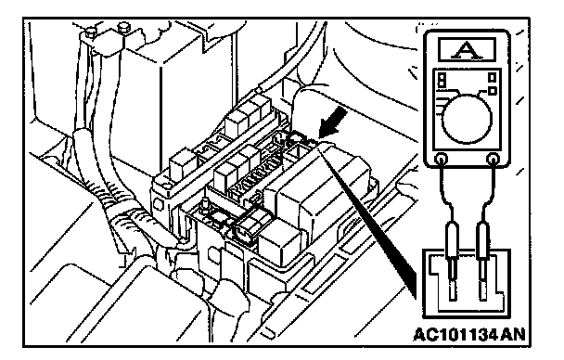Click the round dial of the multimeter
(467, 119)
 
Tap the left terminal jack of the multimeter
(442, 159)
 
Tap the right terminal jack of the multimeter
(492, 159)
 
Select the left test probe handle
(452, 240)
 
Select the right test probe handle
(482, 240)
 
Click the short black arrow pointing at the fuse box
(333, 123)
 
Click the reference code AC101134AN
(469, 334)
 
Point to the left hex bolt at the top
(90, 33)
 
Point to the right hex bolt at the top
(123, 28)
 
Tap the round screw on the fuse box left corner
(166, 186)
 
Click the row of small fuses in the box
(256, 175)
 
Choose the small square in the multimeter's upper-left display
(442, 80)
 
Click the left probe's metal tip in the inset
(453, 280)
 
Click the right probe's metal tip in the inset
(482, 280)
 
